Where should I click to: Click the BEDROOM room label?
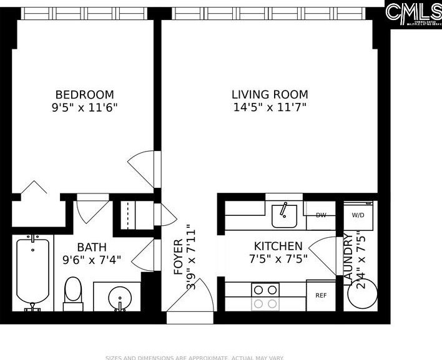click(x=84, y=94)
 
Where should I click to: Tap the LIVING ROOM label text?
click(x=270, y=94)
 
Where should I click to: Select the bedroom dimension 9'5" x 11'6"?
click(x=84, y=107)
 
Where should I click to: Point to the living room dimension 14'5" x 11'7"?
click(x=270, y=107)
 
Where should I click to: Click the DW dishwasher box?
click(x=321, y=215)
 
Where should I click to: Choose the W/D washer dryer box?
click(x=358, y=215)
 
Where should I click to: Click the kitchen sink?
click(x=284, y=215)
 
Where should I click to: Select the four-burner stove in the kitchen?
click(x=265, y=296)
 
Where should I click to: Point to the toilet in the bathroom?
click(x=72, y=294)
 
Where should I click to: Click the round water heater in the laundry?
click(x=362, y=293)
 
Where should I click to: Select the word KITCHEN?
click(x=278, y=246)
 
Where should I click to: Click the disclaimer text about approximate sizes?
click(x=194, y=358)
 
